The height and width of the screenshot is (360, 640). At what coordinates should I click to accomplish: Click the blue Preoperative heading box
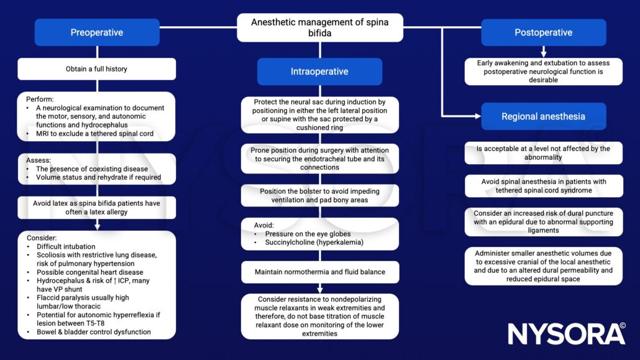coord(96,32)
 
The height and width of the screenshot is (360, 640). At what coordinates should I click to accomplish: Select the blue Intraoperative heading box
coord(319,72)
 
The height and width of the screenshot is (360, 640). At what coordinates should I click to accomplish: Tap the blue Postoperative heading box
coord(543,32)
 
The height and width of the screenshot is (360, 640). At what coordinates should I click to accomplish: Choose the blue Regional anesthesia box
coord(543,116)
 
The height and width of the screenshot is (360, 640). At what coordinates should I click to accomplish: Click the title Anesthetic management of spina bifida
coord(319,27)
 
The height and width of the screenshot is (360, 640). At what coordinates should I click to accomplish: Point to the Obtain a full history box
coord(96,69)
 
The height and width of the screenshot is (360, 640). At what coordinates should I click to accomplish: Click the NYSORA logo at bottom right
coord(566,334)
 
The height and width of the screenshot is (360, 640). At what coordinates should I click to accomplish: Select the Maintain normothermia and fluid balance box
coord(319,272)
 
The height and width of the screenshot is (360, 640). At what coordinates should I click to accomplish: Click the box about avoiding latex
coord(96,208)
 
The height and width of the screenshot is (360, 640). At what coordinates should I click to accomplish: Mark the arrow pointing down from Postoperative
coord(543,52)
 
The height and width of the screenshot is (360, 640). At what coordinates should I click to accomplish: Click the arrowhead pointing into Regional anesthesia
coord(477,116)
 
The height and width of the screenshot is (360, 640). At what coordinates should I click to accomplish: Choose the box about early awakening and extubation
coord(543,72)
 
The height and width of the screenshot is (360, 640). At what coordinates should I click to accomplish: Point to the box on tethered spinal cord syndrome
coord(543,185)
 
